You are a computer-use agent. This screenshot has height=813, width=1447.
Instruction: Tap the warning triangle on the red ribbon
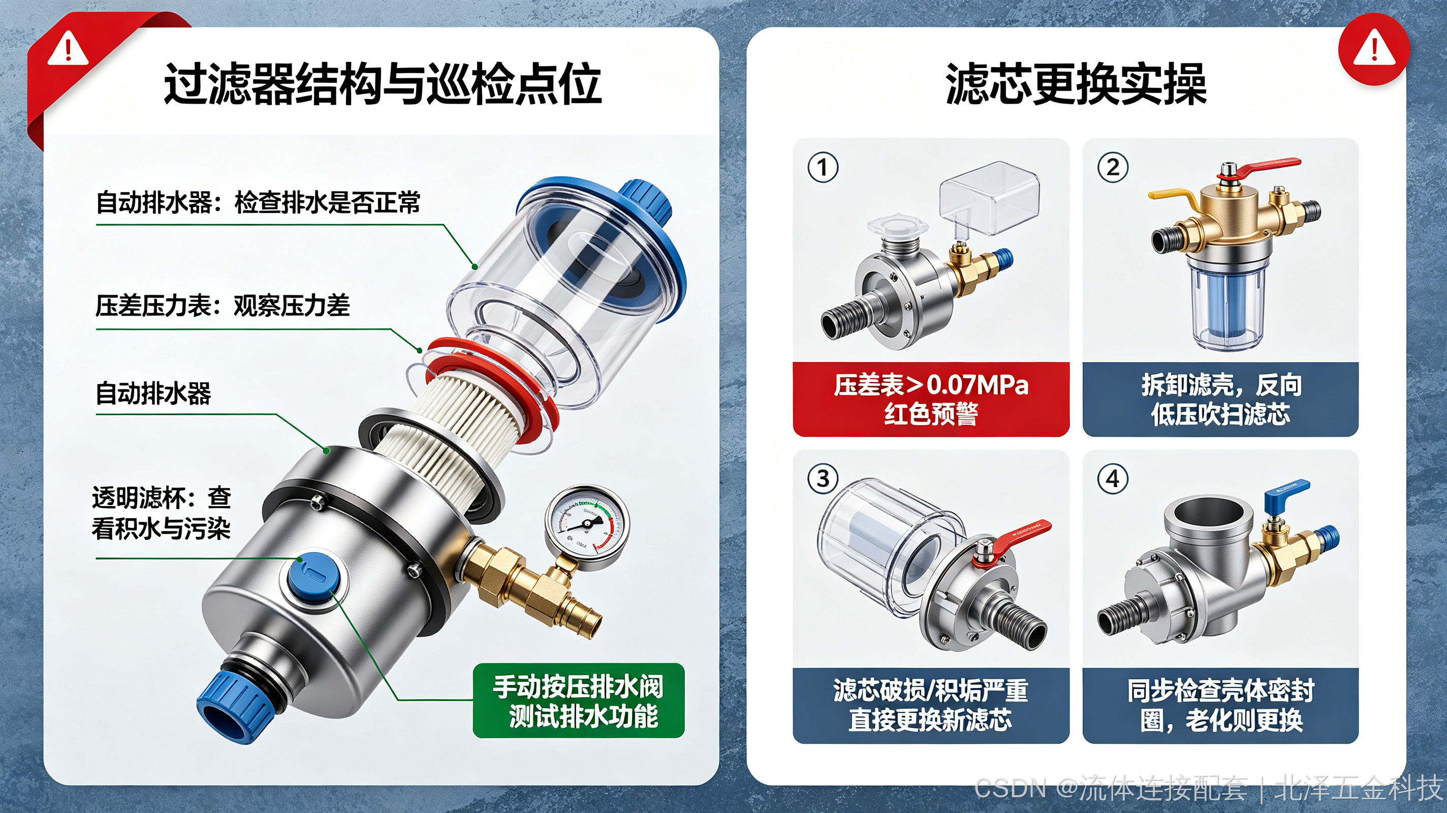[68, 48]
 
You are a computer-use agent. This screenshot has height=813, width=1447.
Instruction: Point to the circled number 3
[823, 479]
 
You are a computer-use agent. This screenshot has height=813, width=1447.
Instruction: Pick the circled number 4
[1113, 479]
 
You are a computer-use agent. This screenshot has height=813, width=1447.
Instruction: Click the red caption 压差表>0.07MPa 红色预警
[931, 399]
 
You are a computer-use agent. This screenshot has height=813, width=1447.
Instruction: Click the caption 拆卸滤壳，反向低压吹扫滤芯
[1220, 399]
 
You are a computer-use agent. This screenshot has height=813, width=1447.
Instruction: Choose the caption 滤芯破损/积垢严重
[930, 691]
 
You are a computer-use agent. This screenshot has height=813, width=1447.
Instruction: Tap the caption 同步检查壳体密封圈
[1220, 705]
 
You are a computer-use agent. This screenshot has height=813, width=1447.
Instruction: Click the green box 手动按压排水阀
[579, 701]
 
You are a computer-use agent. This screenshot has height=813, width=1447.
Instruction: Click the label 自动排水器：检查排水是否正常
[258, 202]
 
